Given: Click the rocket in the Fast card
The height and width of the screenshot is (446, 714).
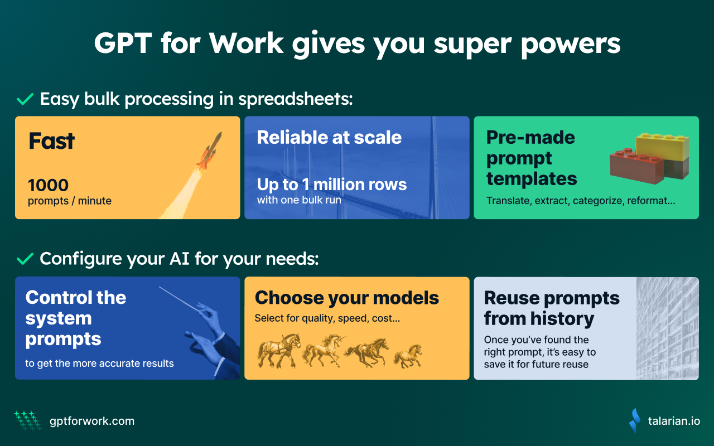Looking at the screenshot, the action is point(209,151).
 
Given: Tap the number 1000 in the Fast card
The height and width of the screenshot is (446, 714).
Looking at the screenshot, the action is point(48,185).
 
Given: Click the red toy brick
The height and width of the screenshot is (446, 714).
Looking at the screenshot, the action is point(637,166).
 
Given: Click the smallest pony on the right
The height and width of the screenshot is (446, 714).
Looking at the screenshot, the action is point(408,356).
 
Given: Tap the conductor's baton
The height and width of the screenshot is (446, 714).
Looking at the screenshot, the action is point(180,299).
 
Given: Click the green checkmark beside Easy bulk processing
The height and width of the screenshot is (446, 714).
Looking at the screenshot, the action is point(25,99).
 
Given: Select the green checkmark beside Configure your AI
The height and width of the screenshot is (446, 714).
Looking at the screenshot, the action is point(25,259).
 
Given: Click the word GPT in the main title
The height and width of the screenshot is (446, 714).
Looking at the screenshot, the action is point(123,43).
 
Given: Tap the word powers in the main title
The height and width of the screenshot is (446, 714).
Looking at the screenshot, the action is point(571,45).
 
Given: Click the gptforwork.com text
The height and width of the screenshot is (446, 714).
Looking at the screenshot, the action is point(92,421).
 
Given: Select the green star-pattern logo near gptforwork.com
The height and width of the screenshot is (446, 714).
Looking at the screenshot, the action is point(28,421).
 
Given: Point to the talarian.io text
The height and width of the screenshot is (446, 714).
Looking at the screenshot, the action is point(674,421).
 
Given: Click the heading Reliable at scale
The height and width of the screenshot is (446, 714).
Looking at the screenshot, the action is point(329,137).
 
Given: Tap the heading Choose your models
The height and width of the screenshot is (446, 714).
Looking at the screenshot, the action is point(347,298).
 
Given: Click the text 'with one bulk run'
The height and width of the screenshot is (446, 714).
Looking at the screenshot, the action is point(299,200).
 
